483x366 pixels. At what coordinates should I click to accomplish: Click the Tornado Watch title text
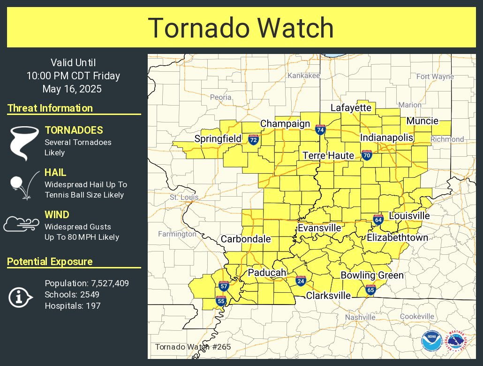[x=241, y=28]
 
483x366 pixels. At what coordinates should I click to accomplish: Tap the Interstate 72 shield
[x=253, y=139]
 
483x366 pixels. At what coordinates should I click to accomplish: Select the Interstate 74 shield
[x=320, y=130]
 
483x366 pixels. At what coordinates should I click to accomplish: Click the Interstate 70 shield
[x=367, y=155]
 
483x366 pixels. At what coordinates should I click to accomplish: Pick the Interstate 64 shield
[x=378, y=219]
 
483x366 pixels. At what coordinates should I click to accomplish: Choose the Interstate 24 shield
[x=301, y=281]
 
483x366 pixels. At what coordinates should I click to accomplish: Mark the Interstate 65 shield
[x=370, y=290]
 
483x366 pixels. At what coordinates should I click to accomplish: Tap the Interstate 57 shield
[x=224, y=286]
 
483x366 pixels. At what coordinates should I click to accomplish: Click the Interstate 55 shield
[x=220, y=301]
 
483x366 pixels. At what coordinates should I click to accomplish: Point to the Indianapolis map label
[x=386, y=137]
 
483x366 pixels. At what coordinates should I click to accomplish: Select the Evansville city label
[x=319, y=228]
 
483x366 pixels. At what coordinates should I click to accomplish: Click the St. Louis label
[x=184, y=197]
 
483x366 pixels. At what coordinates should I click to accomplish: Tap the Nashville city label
[x=360, y=317]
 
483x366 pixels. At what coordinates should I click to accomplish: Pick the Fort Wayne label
[x=435, y=76]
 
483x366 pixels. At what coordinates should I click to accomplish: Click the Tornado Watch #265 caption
[x=193, y=347]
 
